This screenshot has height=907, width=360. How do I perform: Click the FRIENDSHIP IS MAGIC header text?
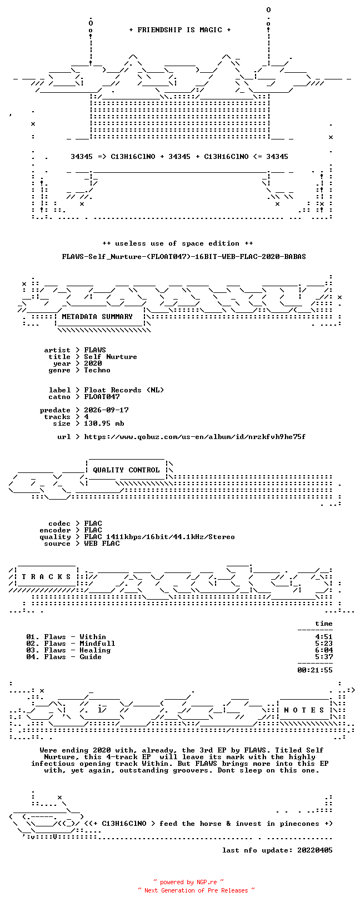click(180, 30)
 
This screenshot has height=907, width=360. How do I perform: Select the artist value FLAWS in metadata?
click(95, 350)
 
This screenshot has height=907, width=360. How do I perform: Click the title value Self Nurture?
click(111, 357)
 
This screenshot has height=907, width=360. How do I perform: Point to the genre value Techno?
click(97, 370)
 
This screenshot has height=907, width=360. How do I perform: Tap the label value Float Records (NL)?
click(124, 390)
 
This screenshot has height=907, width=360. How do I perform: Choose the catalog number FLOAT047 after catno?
click(102, 397)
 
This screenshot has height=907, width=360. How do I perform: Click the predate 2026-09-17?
click(106, 410)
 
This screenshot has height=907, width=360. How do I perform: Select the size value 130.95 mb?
click(104, 423)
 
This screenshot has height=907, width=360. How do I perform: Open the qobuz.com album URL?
click(195, 437)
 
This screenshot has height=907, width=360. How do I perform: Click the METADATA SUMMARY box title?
click(97, 317)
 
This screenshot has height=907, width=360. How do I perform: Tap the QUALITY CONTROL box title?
click(126, 470)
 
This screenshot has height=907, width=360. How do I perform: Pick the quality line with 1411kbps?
click(159, 537)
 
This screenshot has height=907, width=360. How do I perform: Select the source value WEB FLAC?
click(102, 544)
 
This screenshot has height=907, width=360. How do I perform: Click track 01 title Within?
click(93, 637)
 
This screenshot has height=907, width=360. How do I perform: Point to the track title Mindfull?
click(97, 644)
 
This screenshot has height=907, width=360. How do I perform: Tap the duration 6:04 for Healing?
click(324, 650)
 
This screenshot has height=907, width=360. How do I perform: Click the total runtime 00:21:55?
click(315, 670)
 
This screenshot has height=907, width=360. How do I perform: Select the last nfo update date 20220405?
click(315, 850)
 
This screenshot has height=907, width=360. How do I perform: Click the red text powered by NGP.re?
click(188, 882)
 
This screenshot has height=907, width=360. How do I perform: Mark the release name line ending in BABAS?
click(184, 257)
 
